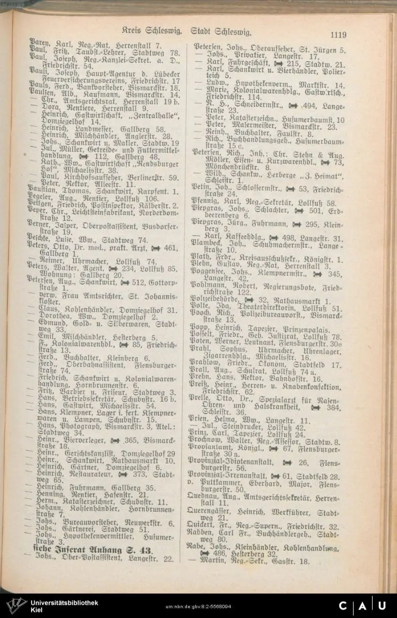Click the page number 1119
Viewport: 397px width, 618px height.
(x=338, y=34)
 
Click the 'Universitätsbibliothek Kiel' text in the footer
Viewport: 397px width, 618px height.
(x=63, y=606)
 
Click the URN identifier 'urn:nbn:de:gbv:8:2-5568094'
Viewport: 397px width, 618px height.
(x=198, y=606)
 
